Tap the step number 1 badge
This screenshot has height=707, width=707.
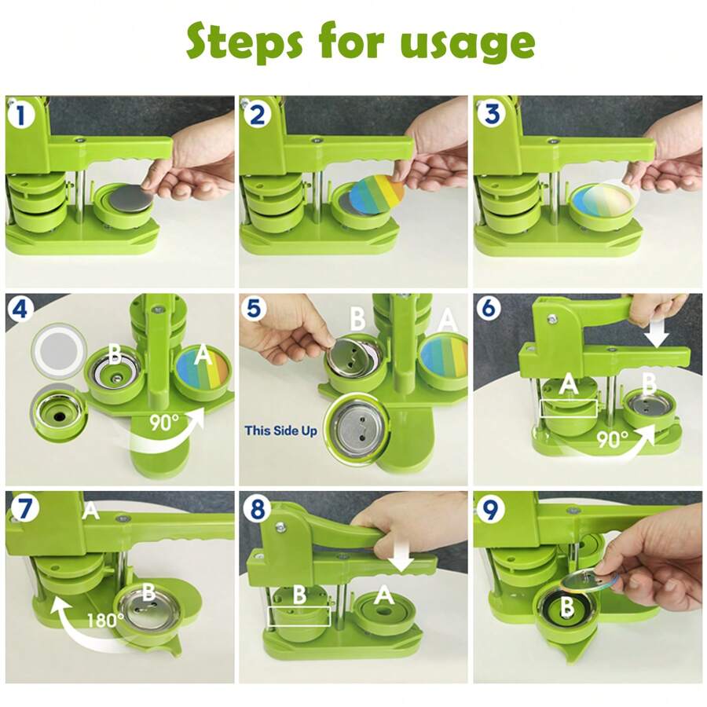20,115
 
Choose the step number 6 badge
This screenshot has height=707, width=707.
489,308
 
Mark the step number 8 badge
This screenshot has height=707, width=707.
256,509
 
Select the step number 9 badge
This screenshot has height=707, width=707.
489,508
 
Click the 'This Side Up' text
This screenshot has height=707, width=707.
281,430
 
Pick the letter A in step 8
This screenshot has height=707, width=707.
383,595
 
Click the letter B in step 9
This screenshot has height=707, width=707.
566,607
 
